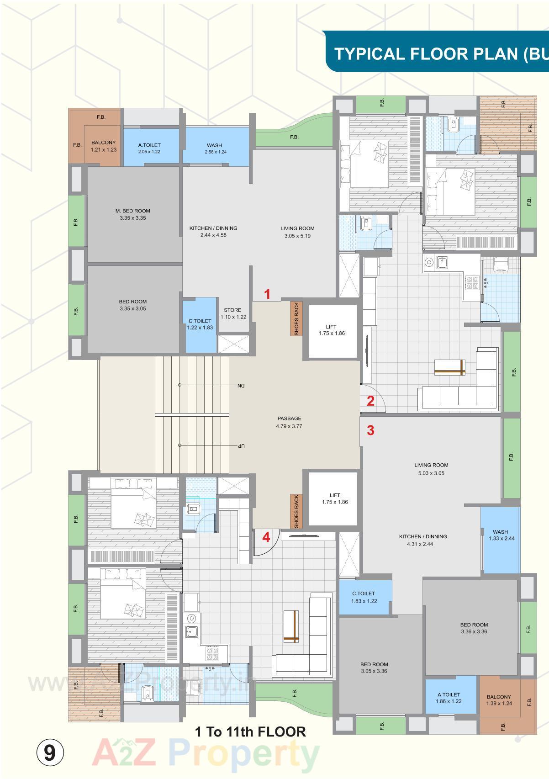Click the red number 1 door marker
(268, 295)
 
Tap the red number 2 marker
(370, 401)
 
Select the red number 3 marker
(370, 430)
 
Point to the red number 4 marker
(266, 537)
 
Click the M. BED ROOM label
(132, 214)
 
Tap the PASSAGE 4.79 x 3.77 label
(289, 422)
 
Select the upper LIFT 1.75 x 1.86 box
(332, 331)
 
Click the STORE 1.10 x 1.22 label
(233, 313)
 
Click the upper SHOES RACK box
(296, 319)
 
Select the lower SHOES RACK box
(296, 511)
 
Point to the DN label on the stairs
(241, 386)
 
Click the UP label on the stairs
(241, 445)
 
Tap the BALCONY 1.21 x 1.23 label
(103, 146)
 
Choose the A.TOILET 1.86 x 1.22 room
(448, 697)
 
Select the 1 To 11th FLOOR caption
(250, 732)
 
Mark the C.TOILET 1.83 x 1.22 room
(364, 597)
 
